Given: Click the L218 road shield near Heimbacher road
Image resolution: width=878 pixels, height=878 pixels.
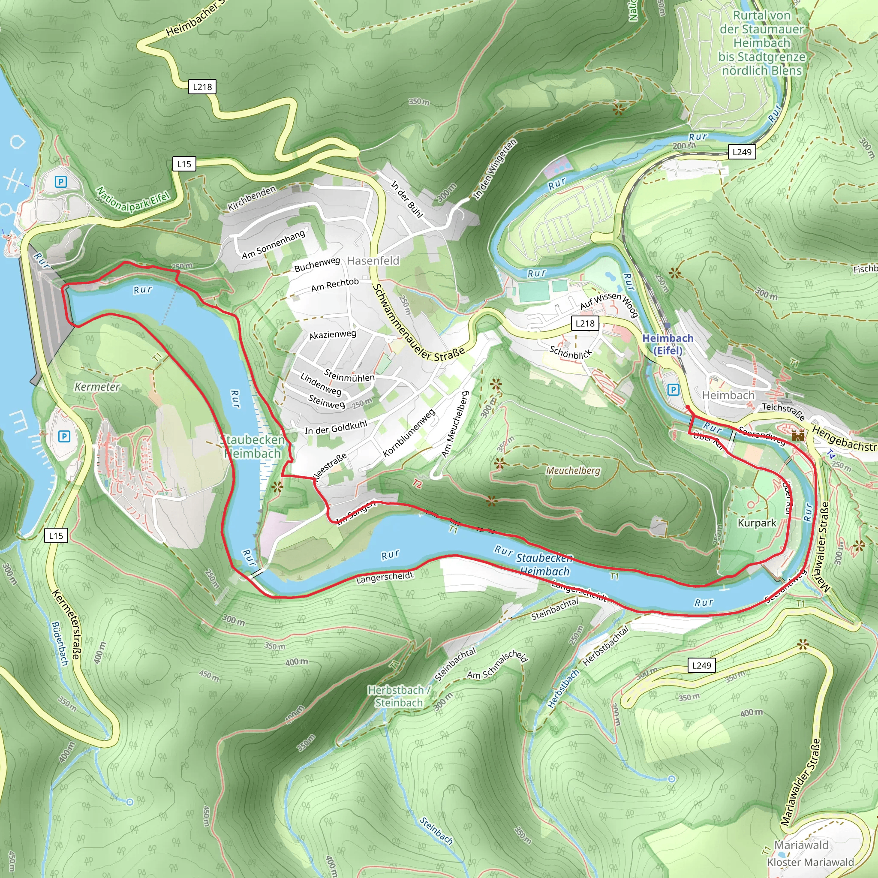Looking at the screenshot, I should [x=202, y=87].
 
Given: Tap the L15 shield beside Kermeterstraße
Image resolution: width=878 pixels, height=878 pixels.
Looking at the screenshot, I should [x=56, y=535].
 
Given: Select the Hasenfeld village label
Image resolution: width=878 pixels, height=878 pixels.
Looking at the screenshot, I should [x=373, y=260].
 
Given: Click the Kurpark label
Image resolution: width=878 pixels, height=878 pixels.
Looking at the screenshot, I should [x=757, y=523].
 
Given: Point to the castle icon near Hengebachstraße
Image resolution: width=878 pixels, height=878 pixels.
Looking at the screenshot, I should [x=797, y=436].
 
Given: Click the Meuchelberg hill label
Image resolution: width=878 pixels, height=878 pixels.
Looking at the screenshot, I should [x=573, y=470].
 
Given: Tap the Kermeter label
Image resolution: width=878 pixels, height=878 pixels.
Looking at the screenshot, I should [x=97, y=387].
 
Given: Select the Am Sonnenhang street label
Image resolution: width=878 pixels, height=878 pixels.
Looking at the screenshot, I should [x=273, y=244].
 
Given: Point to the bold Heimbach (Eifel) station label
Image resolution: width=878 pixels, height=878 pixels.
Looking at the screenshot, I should [x=668, y=344].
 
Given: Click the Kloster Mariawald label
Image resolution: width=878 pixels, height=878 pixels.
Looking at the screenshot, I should [x=810, y=862].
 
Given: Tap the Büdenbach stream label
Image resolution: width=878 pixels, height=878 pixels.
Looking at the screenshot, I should [x=60, y=644].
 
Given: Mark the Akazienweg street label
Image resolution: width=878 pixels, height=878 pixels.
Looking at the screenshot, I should [x=332, y=334].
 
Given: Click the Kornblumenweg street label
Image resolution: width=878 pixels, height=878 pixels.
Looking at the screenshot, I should [x=409, y=433].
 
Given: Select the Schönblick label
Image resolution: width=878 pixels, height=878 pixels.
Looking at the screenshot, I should [x=571, y=352].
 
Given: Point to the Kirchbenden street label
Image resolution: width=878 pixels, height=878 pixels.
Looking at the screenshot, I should [x=252, y=198].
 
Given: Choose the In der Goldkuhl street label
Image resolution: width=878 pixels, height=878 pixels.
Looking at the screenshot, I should [x=335, y=427].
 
